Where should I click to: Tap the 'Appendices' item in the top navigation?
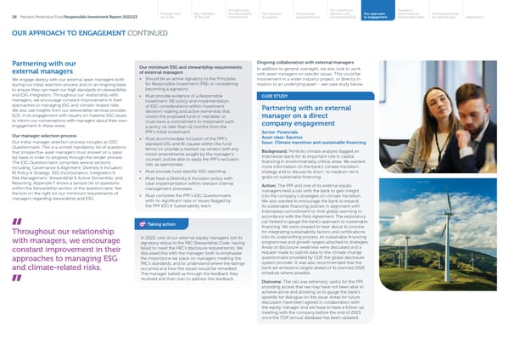click(x=488, y=18)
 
